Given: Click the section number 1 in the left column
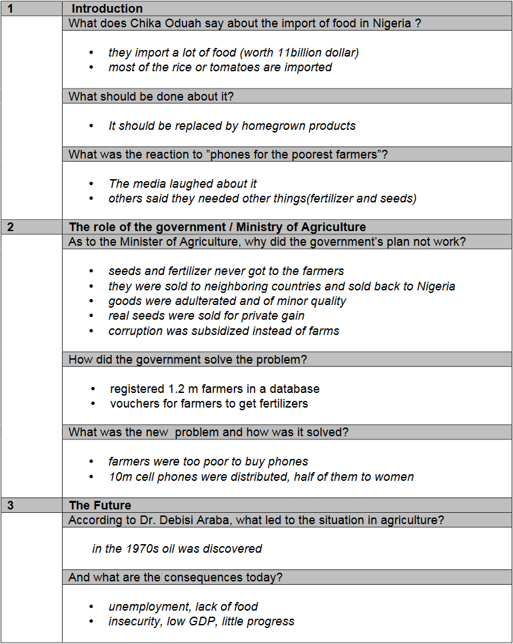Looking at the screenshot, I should tap(10, 9).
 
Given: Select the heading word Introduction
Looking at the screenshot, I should tap(107, 9).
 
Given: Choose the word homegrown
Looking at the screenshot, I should tap(273, 126).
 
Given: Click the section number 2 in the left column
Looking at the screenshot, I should tap(10, 227).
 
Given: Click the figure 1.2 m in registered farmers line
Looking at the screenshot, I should tap(177, 389).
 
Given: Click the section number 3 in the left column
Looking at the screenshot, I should tap(10, 505).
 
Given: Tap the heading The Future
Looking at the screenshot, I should tap(100, 505).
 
